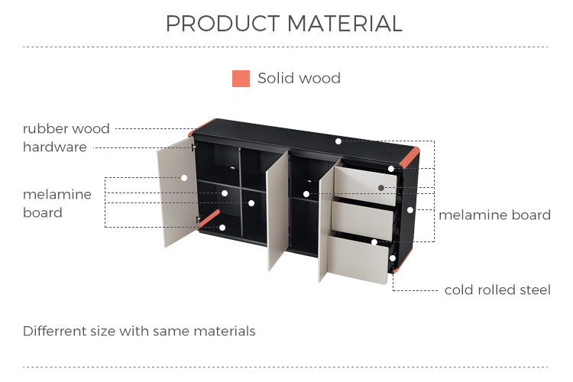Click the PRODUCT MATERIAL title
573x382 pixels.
pyautogui.click(x=284, y=24)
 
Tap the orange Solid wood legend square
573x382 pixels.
pyautogui.click(x=241, y=79)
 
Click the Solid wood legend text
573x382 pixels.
pyautogui.click(x=299, y=78)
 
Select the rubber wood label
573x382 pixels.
pyautogui.click(x=66, y=128)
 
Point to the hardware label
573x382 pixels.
pyautogui.click(x=55, y=147)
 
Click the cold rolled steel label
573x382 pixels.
pyautogui.click(x=497, y=290)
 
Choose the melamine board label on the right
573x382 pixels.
pyautogui.click(x=494, y=215)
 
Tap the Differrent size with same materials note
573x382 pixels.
pyautogui.click(x=139, y=331)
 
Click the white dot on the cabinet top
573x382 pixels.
pyautogui.click(x=338, y=141)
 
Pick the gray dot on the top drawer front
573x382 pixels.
pyautogui.click(x=381, y=188)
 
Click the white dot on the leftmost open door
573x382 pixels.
pyautogui.click(x=184, y=178)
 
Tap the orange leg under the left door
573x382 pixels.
pyautogui.click(x=209, y=220)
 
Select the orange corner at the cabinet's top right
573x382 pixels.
pyautogui.click(x=410, y=157)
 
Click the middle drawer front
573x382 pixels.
pyautogui.click(x=362, y=221)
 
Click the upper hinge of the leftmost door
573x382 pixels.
pyautogui.click(x=194, y=147)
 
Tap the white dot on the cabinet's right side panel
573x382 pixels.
pyautogui.click(x=410, y=210)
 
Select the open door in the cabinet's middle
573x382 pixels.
pyautogui.click(x=277, y=211)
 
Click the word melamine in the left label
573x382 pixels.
pyautogui.click(x=57, y=195)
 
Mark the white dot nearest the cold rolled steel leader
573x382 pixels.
pyautogui.click(x=393, y=258)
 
